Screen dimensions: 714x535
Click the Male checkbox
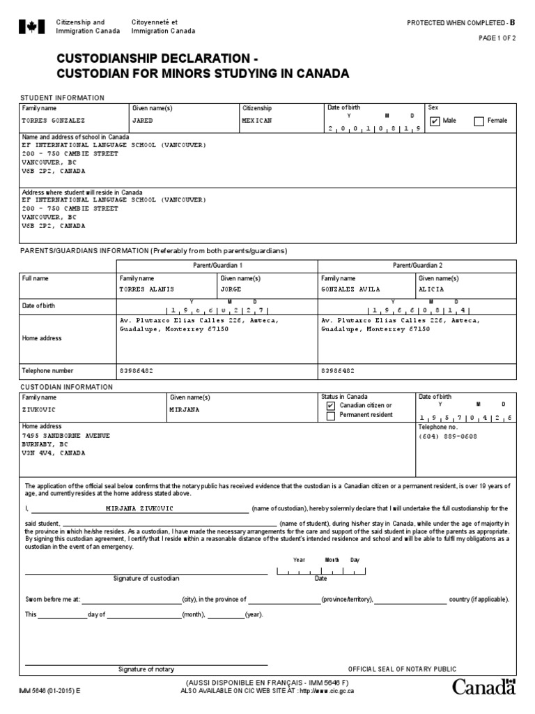pyautogui.click(x=435, y=121)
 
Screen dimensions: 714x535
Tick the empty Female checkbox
pyautogui.click(x=479, y=121)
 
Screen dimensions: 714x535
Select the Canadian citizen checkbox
pyautogui.click(x=331, y=406)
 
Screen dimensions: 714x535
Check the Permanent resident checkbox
pyautogui.click(x=331, y=416)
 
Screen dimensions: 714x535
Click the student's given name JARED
pyautogui.click(x=142, y=121)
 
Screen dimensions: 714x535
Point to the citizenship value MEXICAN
pyautogui.click(x=256, y=121)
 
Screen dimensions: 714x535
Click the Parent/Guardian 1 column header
pyautogui.click(x=217, y=266)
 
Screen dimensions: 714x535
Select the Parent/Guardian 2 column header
pyautogui.click(x=418, y=266)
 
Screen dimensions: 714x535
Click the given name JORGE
pyautogui.click(x=230, y=289)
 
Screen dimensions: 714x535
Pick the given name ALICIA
pyautogui.click(x=431, y=289)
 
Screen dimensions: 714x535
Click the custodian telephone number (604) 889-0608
pyautogui.click(x=449, y=436)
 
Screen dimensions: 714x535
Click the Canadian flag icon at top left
pyautogui.click(x=31, y=27)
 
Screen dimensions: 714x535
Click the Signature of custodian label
pyautogui.click(x=146, y=579)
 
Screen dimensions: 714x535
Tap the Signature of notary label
pyautogui.click(x=146, y=669)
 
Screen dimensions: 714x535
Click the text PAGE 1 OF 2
pyautogui.click(x=497, y=39)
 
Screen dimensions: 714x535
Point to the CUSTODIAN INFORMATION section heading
pyautogui.click(x=66, y=387)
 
